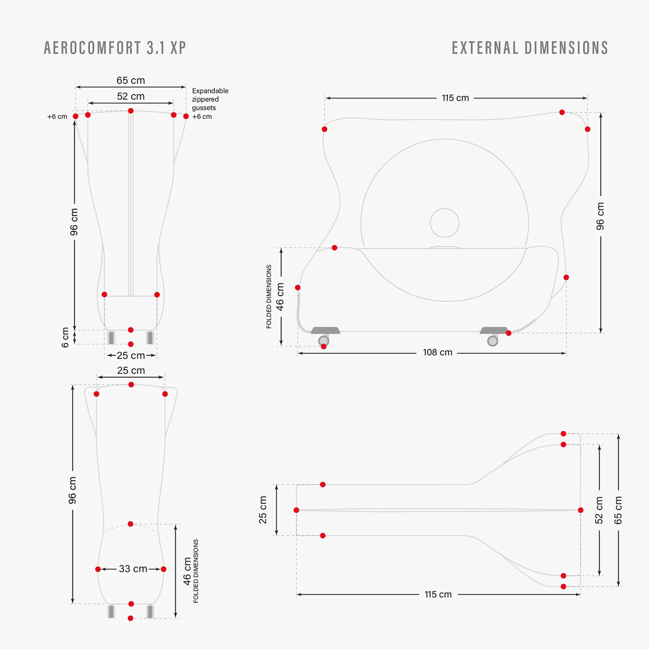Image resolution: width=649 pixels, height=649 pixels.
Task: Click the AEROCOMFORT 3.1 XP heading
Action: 115,48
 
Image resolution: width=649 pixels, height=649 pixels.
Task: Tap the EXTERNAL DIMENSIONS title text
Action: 530,48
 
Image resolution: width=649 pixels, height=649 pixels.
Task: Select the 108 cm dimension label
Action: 437,352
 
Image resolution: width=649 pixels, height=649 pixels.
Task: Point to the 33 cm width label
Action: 133,569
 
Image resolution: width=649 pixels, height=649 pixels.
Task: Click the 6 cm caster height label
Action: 65,337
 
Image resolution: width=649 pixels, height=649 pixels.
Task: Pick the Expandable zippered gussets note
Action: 210,99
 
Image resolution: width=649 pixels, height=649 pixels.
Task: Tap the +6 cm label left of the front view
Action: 57,116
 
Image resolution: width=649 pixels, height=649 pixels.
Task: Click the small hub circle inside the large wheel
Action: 445,223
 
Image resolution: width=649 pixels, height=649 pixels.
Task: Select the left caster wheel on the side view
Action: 324,341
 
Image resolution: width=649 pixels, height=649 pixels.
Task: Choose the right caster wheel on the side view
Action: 493,341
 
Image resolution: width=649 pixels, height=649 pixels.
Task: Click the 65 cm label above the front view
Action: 131,80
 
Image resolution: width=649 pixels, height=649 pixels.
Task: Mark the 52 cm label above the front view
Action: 131,96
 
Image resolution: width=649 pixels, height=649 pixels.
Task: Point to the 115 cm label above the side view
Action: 455,98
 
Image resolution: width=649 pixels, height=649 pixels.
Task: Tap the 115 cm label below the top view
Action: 438,594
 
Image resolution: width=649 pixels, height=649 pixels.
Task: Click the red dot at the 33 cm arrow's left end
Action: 98,569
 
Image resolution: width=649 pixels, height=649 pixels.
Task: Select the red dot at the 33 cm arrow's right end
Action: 164,569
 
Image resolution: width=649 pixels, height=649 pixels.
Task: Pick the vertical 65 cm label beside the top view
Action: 618,510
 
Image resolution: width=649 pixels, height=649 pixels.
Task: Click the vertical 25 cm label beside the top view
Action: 263,510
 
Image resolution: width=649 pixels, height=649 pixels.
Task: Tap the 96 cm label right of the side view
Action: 600,216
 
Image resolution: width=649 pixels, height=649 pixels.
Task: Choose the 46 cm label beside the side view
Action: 280,297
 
